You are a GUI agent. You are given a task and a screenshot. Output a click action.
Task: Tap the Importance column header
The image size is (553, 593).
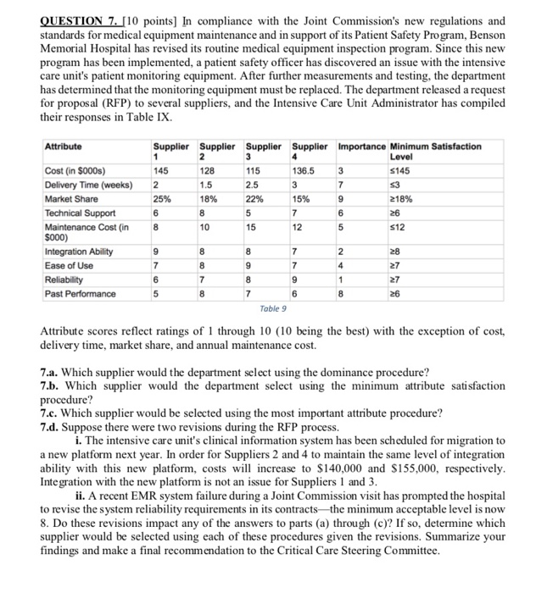coord(361,146)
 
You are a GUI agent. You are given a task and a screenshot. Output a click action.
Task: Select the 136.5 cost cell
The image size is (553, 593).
coord(303,171)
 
